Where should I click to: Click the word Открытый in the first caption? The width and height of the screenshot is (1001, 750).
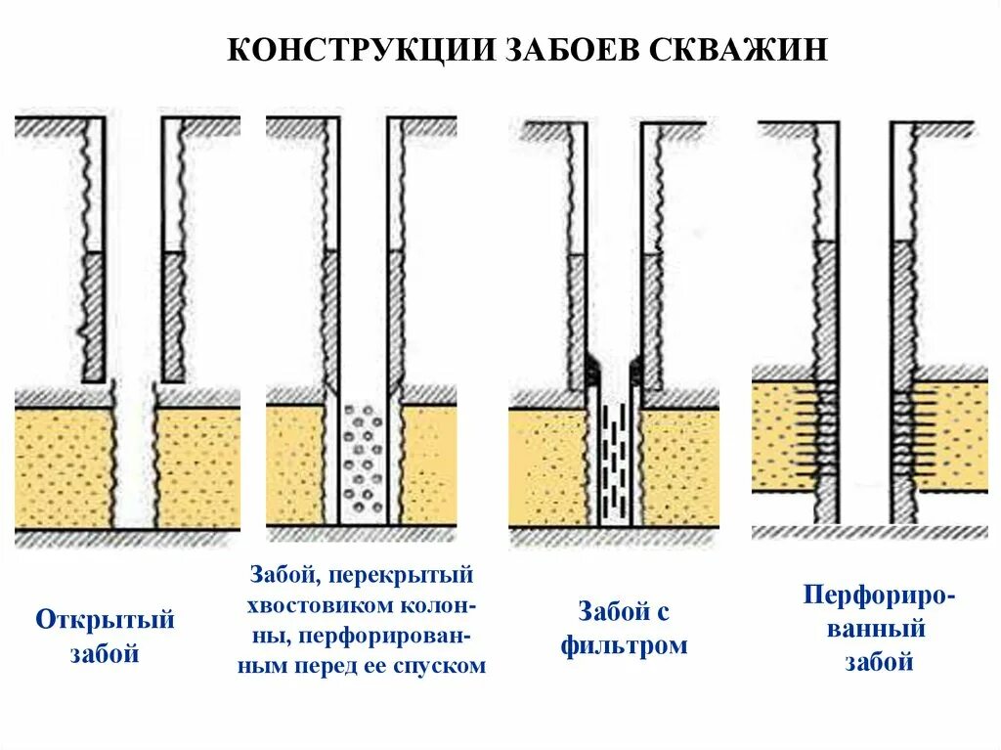pos(105,620)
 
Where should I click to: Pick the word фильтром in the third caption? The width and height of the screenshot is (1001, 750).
pos(625,646)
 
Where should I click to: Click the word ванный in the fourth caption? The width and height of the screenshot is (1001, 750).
pos(877,629)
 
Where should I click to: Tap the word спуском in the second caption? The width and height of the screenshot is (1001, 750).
pos(445,666)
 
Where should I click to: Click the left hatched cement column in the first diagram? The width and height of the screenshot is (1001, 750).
pos(94,316)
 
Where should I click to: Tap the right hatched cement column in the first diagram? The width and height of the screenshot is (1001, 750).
pos(173,316)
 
